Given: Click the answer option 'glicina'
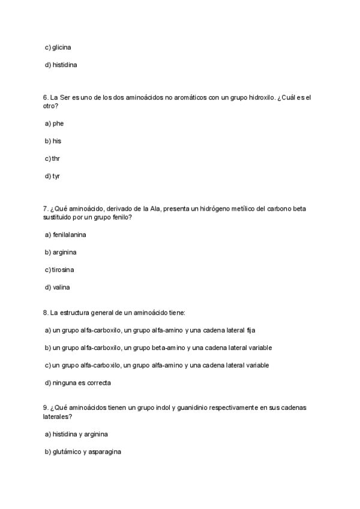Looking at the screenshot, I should coord(62,47).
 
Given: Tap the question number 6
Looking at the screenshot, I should coord(45,97).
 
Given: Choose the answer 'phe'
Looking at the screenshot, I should coord(58,124).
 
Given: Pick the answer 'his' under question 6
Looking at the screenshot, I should coord(57,141).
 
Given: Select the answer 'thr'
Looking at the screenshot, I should coord(56,158).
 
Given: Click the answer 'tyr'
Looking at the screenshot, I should coord(56,176).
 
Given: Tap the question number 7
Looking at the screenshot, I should coord(45,208).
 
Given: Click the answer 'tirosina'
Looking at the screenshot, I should coord(65,270).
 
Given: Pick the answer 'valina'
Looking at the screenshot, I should coord(61,288).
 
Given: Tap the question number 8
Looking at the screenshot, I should coord(45,313).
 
